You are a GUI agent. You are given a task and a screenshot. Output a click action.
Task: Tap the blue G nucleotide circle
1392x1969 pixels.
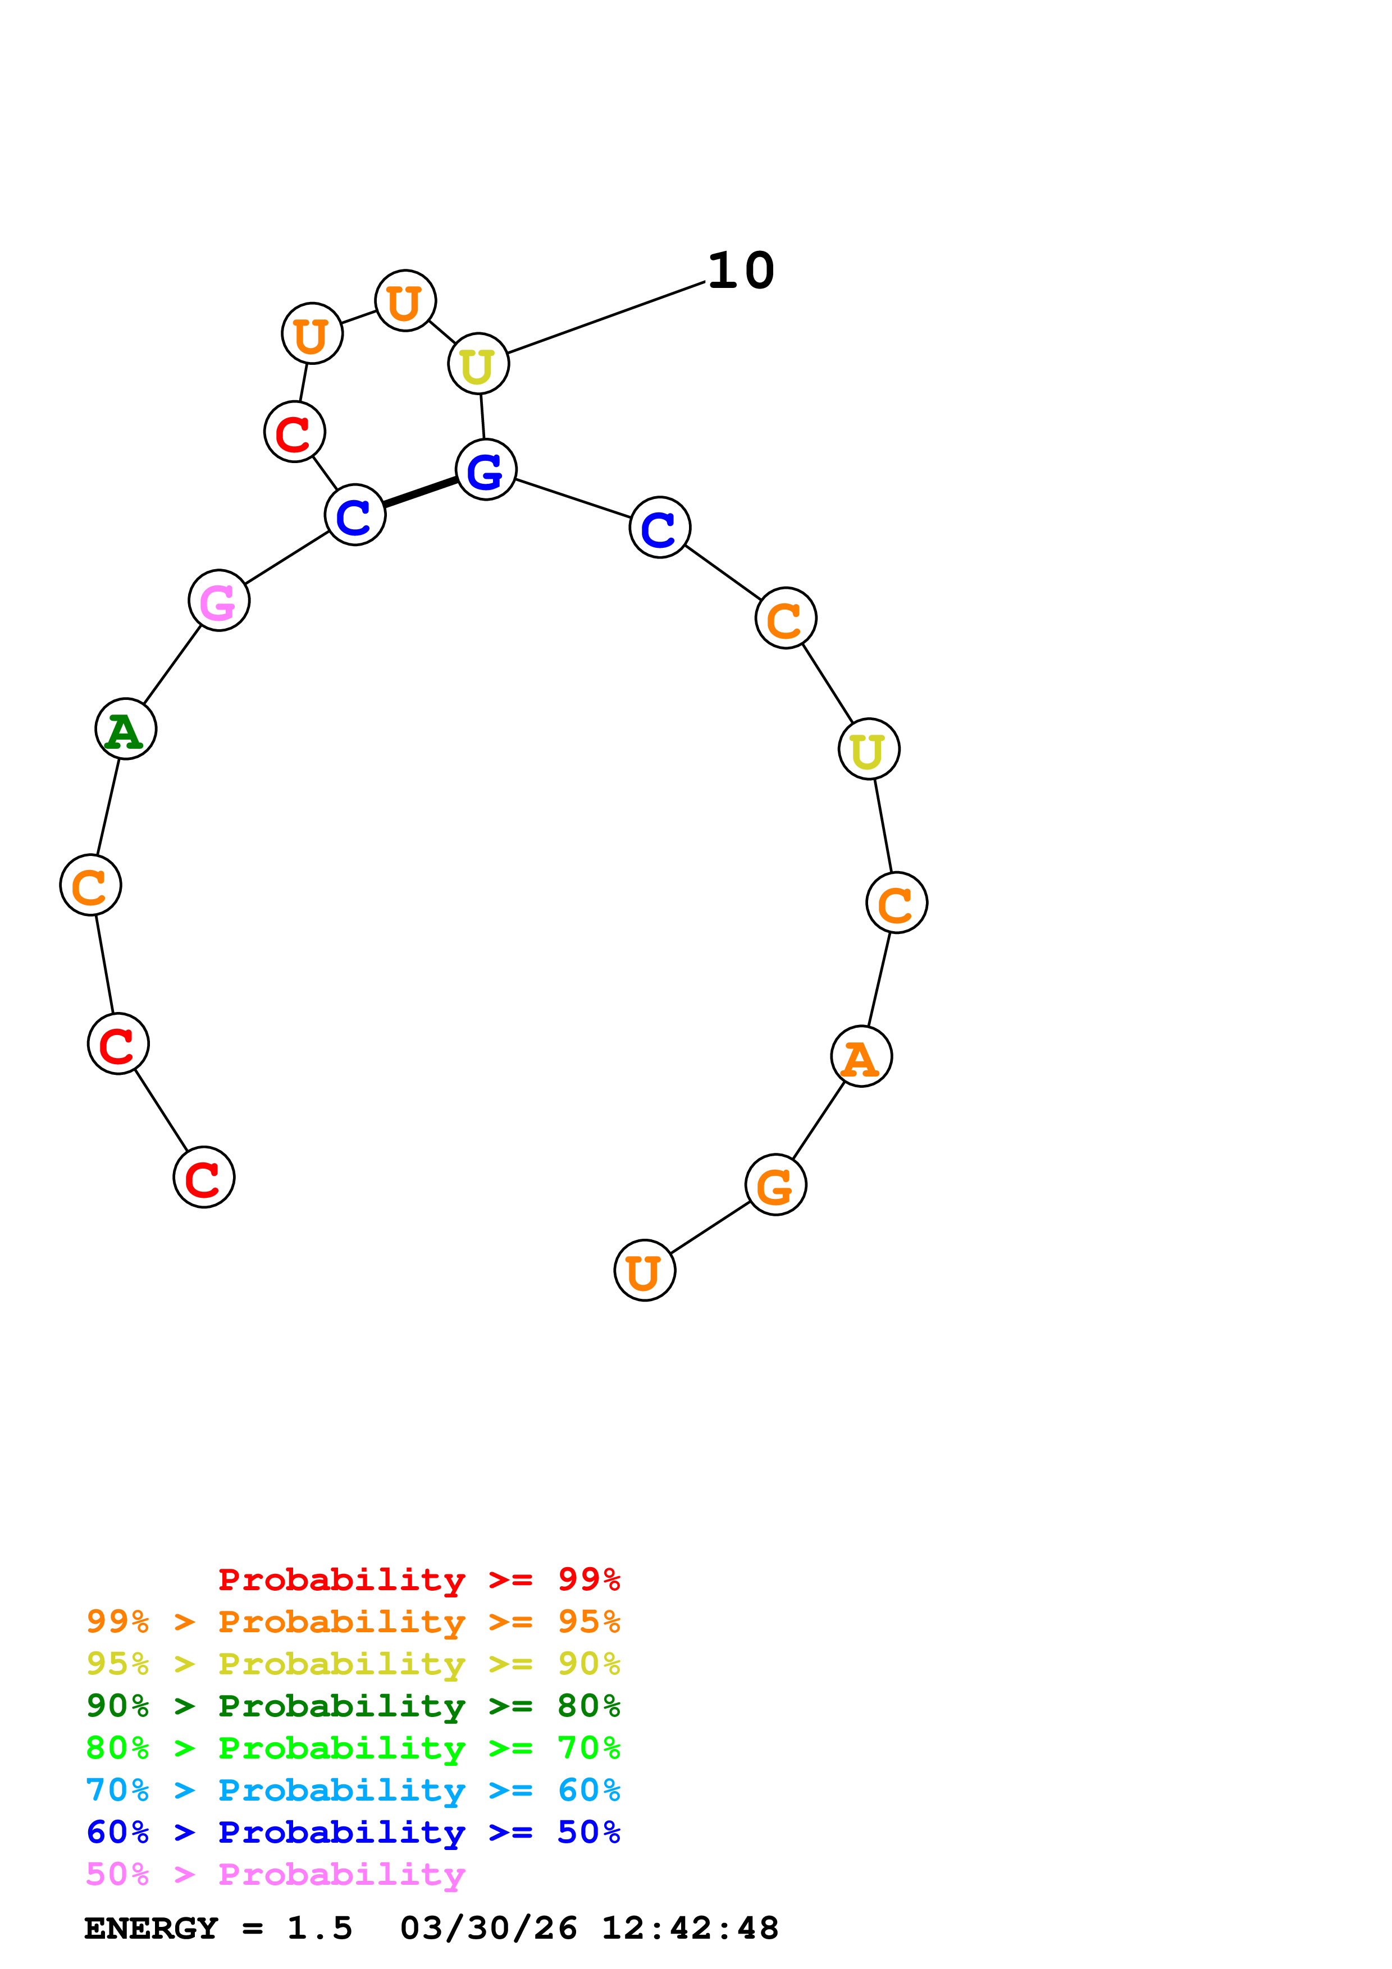point(486,470)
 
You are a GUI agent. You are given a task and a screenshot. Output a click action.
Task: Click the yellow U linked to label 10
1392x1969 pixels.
point(478,364)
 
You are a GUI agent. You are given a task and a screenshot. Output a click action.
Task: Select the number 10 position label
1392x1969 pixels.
point(740,271)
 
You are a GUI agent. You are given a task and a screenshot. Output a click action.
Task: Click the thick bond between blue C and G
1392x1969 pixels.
point(420,492)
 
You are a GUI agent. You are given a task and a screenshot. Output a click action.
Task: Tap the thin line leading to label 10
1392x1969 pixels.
point(605,317)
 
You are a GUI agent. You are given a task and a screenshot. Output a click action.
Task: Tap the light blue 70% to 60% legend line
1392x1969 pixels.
point(353,1790)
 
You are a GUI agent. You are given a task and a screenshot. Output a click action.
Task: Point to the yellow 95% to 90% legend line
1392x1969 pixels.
point(353,1663)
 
